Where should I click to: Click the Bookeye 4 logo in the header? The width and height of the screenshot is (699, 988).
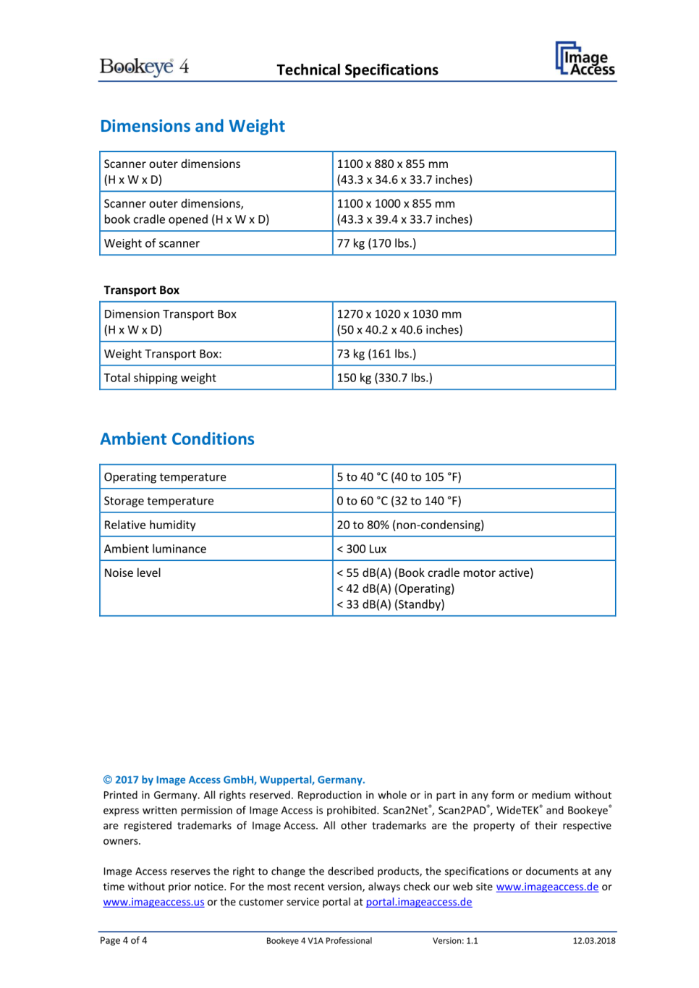[144, 67]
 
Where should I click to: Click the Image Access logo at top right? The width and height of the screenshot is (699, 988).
[585, 59]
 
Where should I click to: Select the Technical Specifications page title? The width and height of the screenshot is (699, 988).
[357, 70]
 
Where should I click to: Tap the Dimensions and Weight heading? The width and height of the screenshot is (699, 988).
[192, 126]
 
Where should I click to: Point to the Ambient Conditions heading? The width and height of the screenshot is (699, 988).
[177, 439]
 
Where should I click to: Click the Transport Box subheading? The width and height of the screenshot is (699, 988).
[142, 290]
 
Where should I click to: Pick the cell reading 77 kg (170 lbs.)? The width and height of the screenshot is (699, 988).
[376, 243]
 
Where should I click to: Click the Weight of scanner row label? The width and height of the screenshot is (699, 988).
[152, 243]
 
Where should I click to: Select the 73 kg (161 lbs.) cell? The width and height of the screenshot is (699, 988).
[376, 354]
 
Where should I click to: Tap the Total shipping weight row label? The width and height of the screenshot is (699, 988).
[160, 378]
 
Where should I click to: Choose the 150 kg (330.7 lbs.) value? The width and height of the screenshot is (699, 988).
[384, 378]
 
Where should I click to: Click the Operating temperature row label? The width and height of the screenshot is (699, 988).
[165, 477]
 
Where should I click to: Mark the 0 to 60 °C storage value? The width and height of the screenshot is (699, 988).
[399, 501]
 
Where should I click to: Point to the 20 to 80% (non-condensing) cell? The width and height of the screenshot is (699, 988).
[410, 525]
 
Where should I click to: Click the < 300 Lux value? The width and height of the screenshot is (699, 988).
[362, 549]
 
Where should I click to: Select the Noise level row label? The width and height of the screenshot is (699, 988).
[132, 573]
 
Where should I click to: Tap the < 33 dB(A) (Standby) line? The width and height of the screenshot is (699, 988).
[391, 604]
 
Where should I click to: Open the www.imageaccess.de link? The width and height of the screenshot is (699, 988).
[547, 887]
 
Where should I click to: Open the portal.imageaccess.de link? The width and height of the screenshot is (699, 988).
[419, 902]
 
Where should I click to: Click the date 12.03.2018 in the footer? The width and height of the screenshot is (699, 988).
[594, 941]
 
